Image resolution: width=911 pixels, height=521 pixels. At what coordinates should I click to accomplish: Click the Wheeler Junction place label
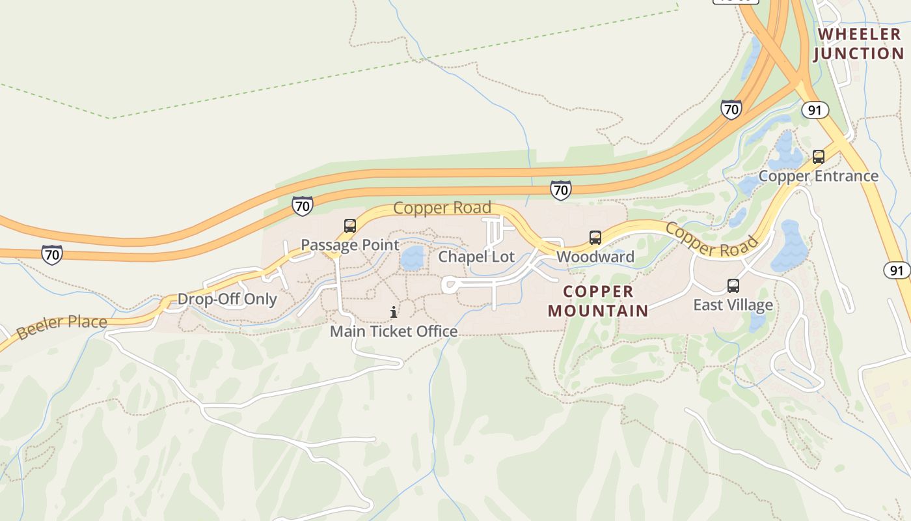tap(858, 44)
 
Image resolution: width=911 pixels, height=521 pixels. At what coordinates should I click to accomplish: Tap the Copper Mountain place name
tap(598, 301)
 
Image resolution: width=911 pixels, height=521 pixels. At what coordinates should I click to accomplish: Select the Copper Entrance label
tap(818, 176)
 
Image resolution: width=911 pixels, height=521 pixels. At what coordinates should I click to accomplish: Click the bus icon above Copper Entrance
tap(818, 157)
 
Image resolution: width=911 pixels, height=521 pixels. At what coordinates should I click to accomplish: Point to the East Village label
tap(733, 305)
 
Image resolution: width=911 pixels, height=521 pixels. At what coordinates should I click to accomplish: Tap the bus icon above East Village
tap(733, 286)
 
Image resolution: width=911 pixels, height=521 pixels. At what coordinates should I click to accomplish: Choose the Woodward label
tap(595, 257)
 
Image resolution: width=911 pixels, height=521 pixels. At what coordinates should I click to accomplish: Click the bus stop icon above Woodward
tap(595, 238)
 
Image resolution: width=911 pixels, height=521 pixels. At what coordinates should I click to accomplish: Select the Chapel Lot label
tap(476, 257)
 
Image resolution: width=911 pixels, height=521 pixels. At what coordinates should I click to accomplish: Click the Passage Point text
tap(349, 245)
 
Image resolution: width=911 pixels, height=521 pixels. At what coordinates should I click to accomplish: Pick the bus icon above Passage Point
tap(349, 226)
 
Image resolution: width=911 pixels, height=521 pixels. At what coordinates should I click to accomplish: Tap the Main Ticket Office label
tap(394, 331)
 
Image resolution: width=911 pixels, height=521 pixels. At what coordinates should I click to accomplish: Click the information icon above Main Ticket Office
tap(394, 313)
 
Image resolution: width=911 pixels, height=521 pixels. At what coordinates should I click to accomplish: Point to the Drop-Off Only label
tap(227, 300)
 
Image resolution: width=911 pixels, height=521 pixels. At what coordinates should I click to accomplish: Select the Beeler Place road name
tap(62, 327)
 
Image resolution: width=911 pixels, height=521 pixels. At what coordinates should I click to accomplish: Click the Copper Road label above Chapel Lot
tap(442, 208)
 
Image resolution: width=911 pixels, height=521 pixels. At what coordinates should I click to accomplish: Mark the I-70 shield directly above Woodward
tap(560, 190)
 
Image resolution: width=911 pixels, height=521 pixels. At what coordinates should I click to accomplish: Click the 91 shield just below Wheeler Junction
tap(815, 110)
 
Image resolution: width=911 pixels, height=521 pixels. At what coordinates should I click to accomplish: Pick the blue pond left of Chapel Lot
tap(412, 259)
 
